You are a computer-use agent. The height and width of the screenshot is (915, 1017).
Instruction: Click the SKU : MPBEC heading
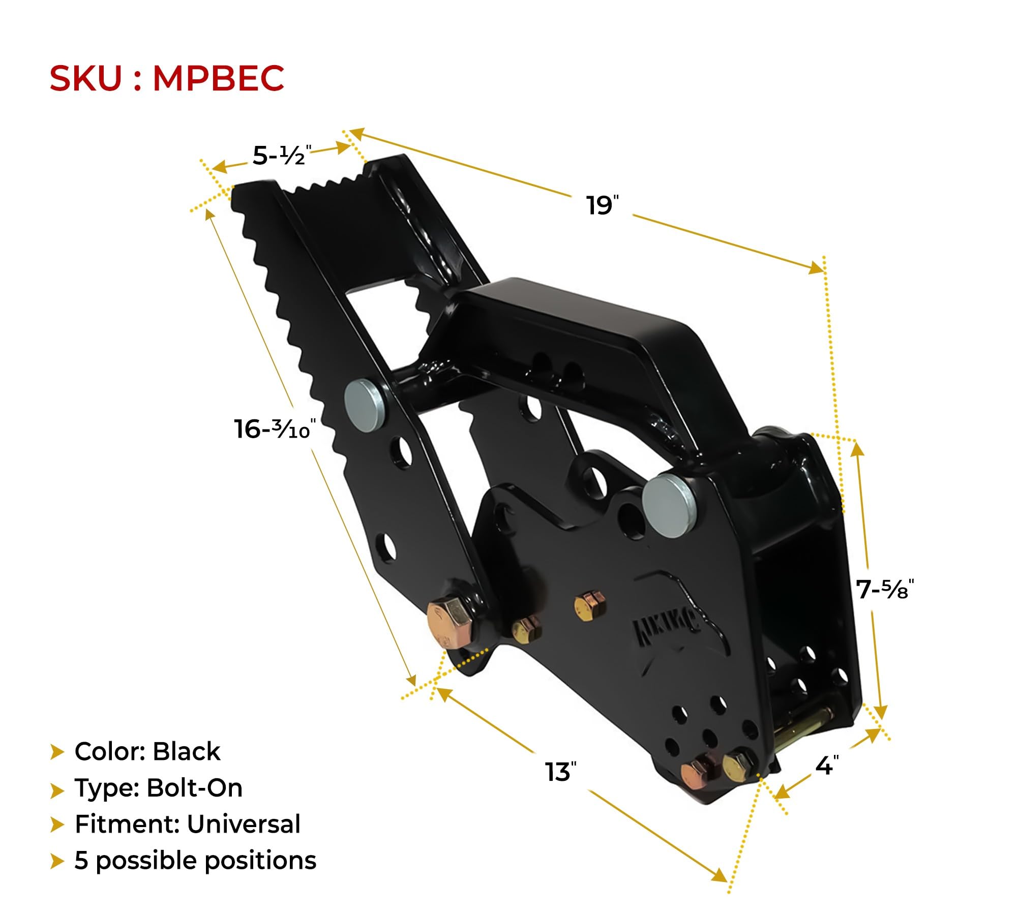[x=166, y=79]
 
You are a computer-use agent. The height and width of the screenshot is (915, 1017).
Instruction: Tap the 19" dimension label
[x=602, y=206]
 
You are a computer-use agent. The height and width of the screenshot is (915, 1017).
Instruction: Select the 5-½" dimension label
[x=281, y=156]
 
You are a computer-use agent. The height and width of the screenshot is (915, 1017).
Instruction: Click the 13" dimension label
[x=560, y=772]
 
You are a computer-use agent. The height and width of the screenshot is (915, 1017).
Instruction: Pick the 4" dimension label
[x=826, y=766]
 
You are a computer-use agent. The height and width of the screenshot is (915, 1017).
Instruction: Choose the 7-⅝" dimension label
[x=884, y=590]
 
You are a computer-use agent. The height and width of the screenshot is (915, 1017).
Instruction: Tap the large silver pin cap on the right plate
[x=669, y=506]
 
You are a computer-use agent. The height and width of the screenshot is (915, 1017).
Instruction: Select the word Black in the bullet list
[x=186, y=751]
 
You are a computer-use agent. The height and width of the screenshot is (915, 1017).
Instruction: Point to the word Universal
[x=243, y=824]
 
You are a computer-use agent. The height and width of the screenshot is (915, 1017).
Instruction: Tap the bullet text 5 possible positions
[x=195, y=861]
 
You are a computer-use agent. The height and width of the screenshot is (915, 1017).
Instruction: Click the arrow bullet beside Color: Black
[x=57, y=752]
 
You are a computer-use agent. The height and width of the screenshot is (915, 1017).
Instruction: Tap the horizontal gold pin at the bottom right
[x=803, y=727]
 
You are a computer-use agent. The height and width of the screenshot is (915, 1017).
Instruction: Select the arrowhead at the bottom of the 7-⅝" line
[x=881, y=712]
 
